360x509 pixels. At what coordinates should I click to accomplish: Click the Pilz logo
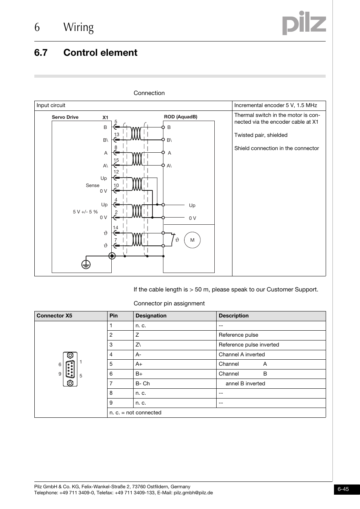[304, 23]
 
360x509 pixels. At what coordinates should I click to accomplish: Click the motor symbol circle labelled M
[192, 240]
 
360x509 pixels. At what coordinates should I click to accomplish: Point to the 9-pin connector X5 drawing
[70, 369]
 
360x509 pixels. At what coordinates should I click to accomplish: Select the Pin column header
[114, 316]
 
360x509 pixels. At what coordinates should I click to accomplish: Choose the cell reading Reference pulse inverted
[249, 345]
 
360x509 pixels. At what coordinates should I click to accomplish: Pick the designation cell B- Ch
[143, 383]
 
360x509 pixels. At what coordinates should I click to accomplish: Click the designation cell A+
[139, 364]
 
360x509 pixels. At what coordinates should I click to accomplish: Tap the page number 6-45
[343, 489]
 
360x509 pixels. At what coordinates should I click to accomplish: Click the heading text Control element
[100, 52]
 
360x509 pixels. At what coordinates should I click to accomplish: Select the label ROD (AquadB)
[180, 117]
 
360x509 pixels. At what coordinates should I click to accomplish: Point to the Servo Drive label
[65, 117]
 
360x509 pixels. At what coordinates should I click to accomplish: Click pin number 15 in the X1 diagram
[116, 160]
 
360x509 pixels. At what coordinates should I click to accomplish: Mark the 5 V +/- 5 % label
[85, 212]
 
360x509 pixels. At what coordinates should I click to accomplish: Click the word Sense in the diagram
[92, 185]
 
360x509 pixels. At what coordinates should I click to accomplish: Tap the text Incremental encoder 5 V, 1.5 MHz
[275, 106]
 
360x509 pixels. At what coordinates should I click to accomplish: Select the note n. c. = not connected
[135, 412]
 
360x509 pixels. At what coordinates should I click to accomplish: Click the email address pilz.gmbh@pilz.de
[193, 492]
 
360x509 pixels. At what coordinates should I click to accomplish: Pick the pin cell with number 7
[111, 383]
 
